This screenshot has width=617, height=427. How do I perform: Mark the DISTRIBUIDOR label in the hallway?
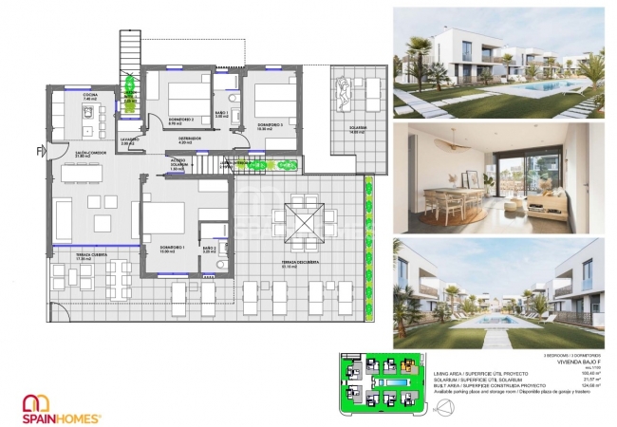[x=190, y=139]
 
